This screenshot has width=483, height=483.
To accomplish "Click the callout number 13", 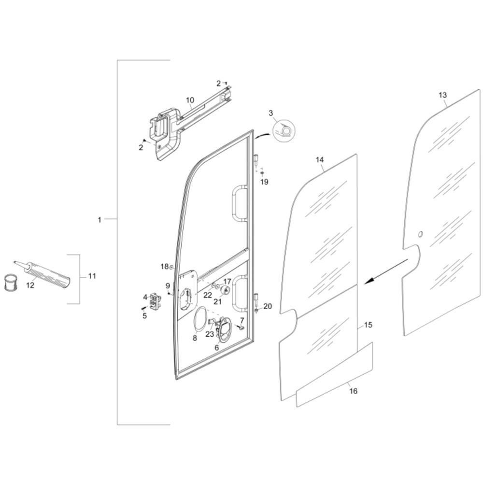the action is [442, 95].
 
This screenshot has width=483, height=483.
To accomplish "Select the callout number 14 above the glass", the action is [320, 159].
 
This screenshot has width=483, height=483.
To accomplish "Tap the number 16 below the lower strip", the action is [354, 391].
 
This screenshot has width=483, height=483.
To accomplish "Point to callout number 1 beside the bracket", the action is [99, 220].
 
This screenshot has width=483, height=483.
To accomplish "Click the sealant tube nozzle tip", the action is [14, 262].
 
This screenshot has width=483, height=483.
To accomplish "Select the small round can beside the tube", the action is [11, 283].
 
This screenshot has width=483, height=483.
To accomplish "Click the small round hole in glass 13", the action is [419, 235].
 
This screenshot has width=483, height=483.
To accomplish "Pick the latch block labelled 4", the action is [155, 301].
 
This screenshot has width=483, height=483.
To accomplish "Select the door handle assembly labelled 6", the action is [224, 329].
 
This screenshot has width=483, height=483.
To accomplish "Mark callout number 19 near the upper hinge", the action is [264, 182].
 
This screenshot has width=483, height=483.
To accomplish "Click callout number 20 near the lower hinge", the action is [268, 306].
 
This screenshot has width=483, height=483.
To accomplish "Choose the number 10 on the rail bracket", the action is [190, 100].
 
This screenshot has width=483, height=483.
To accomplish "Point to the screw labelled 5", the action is [142, 308].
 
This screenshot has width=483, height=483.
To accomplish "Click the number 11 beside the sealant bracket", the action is [92, 276].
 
